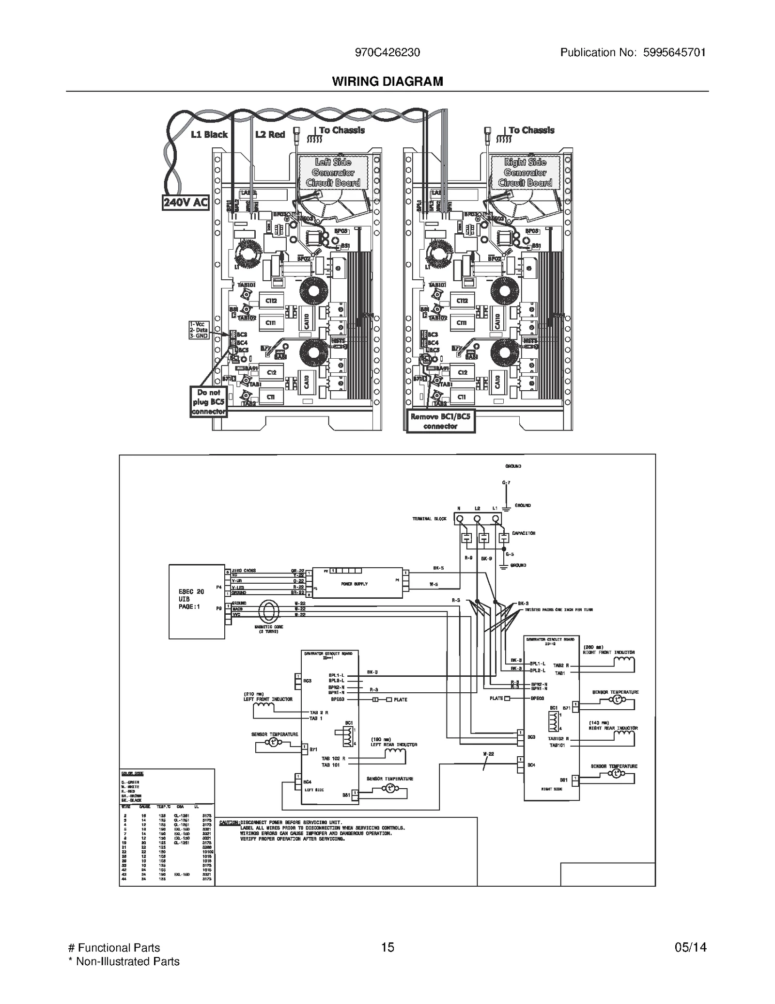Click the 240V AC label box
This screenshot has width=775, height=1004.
pyautogui.click(x=185, y=202)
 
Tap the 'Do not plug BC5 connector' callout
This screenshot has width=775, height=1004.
pyautogui.click(x=208, y=402)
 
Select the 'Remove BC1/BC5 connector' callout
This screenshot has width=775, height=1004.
pyautogui.click(x=440, y=421)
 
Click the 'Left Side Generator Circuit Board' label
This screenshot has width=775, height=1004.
pyautogui.click(x=333, y=173)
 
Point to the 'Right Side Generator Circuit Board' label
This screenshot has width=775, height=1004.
pyautogui.click(x=525, y=173)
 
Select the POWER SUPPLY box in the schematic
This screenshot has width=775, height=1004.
pyautogui.click(x=357, y=584)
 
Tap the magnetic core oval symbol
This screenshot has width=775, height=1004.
pyautogui.click(x=269, y=612)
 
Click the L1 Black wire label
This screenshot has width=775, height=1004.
pyautogui.click(x=209, y=134)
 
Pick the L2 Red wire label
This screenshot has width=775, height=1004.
pyautogui.click(x=270, y=134)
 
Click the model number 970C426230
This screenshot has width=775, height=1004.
pyautogui.click(x=387, y=52)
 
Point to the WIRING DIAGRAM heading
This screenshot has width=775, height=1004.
pyautogui.click(x=387, y=81)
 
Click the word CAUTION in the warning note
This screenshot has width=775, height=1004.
pyautogui.click(x=229, y=823)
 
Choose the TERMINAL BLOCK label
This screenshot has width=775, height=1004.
pyautogui.click(x=429, y=519)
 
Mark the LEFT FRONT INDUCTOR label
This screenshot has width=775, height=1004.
pyautogui.click(x=268, y=699)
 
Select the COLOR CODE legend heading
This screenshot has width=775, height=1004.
pyautogui.click(x=132, y=774)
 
